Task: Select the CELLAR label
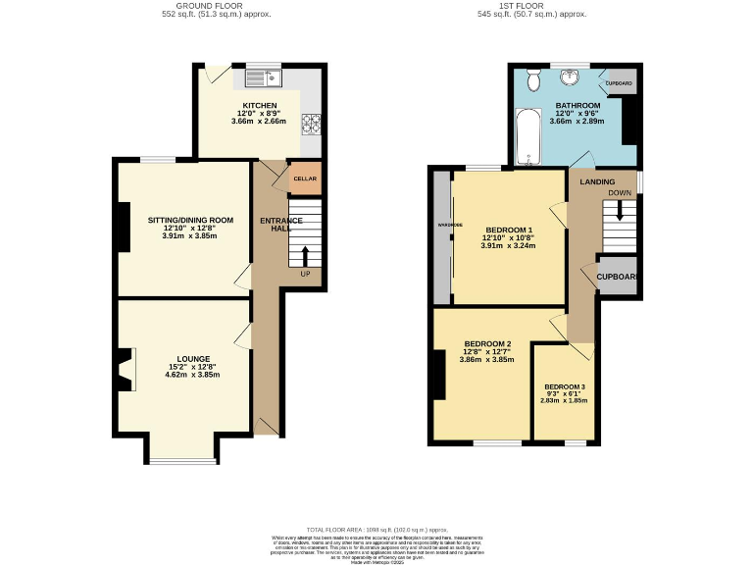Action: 305,179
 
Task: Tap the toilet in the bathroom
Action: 533,80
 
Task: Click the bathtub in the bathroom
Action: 527,137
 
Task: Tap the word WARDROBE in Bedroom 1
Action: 442,225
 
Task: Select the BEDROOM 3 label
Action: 564,386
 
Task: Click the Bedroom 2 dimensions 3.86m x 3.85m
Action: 487,360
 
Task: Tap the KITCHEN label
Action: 260,106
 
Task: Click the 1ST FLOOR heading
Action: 545,5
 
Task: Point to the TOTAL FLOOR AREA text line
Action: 376,528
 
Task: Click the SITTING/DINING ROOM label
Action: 184,220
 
